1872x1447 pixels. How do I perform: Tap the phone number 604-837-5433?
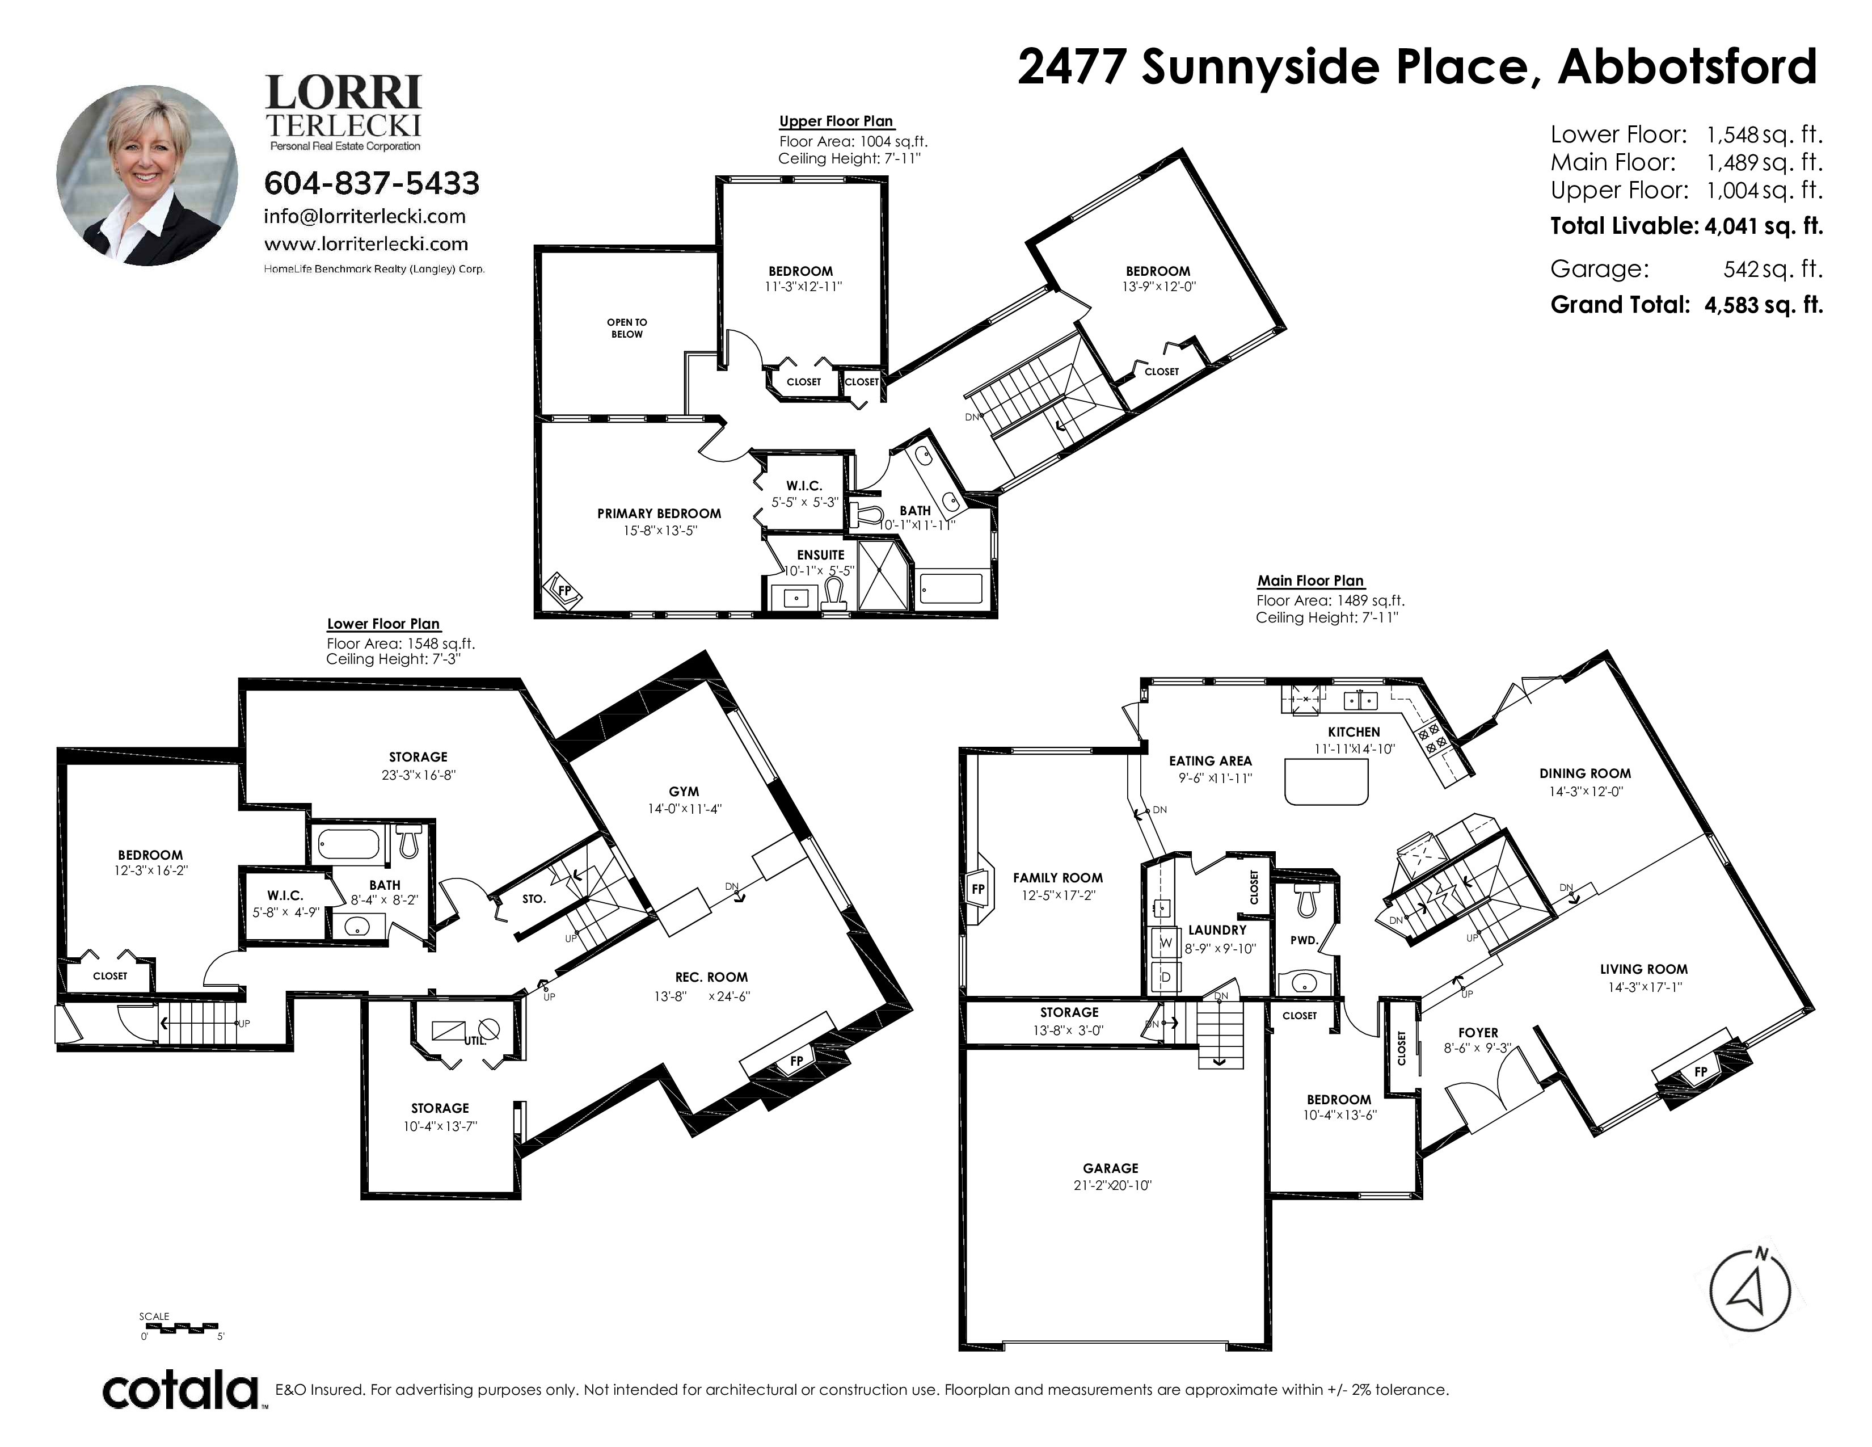point(372,183)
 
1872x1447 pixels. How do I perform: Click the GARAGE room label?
point(1110,1168)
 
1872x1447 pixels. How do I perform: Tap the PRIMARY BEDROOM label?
point(659,514)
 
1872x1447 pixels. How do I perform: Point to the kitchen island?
point(1326,781)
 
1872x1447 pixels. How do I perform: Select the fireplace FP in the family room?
point(978,889)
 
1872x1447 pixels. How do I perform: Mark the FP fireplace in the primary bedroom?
point(564,591)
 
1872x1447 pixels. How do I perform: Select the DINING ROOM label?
point(1585,773)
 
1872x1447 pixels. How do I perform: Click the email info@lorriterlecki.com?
point(365,217)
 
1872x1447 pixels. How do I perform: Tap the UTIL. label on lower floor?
point(475,1041)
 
